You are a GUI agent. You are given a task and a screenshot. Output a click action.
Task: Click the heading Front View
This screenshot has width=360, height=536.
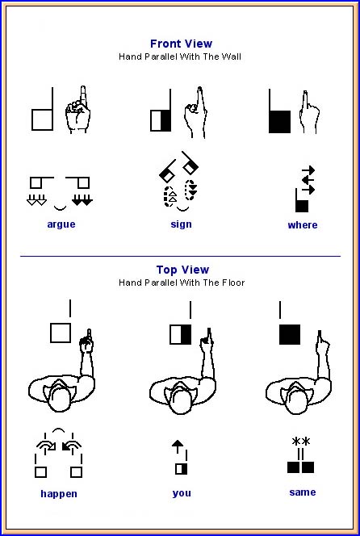181,44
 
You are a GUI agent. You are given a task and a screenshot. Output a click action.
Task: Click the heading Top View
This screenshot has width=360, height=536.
182,270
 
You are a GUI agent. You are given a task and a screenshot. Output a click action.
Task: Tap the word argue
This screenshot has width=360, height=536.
61,225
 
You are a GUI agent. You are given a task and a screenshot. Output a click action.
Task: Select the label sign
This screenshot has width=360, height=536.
181,224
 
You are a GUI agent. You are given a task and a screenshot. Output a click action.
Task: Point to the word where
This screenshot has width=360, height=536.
303,225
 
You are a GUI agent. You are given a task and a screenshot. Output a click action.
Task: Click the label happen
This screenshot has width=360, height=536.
59,494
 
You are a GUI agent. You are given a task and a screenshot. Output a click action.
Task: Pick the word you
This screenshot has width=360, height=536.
182,493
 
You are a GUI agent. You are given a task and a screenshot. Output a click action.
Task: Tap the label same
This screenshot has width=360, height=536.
302,492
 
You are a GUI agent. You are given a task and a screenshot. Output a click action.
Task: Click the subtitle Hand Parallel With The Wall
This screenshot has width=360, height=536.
180,57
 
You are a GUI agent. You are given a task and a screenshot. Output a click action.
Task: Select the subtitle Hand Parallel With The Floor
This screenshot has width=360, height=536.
182,283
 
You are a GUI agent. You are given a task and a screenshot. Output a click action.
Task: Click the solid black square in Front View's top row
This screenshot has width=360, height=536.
279,122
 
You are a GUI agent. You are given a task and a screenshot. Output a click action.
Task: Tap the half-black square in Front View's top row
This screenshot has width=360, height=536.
161,120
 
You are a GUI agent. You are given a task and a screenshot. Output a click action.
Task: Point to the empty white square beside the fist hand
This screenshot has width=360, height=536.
43,119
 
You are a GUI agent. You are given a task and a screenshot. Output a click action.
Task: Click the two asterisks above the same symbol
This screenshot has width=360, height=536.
301,442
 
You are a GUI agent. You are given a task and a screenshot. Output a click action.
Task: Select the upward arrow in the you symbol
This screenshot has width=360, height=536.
178,446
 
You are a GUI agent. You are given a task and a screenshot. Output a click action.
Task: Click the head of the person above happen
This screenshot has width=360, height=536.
60,400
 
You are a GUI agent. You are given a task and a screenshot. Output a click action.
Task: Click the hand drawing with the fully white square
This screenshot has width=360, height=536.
78,110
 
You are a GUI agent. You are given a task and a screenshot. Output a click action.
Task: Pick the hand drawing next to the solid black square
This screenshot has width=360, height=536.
309,112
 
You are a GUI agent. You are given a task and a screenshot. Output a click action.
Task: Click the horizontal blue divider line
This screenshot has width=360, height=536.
181,256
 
